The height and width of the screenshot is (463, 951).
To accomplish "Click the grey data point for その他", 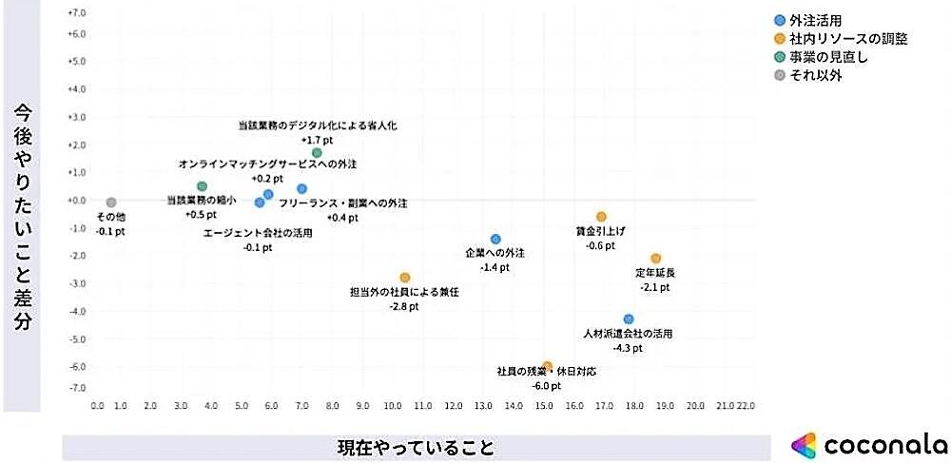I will [111, 203].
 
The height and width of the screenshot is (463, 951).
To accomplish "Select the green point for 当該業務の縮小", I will [202, 186].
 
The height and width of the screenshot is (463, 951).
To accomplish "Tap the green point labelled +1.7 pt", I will [317, 153].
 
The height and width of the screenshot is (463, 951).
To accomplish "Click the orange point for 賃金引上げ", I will [601, 217].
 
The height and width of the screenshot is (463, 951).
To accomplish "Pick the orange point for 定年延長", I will [655, 259].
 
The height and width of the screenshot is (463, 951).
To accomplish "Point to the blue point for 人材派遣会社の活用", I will [629, 319].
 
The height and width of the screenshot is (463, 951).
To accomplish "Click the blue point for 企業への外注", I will [495, 240].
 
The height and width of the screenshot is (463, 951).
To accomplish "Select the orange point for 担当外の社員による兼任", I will [405, 278].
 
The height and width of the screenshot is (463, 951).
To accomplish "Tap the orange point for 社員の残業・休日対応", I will [548, 366].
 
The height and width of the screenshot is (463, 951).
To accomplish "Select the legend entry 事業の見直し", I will [828, 57].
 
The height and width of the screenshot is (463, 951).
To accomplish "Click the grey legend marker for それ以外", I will [780, 75].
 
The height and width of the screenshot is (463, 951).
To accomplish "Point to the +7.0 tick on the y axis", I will [77, 13].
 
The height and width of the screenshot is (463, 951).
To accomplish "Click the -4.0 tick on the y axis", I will [77, 312].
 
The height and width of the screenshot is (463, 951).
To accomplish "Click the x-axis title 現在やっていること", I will [417, 447].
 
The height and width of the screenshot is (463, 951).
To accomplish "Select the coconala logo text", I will [884, 444].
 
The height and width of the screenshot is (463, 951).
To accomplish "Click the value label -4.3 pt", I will [628, 349].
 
